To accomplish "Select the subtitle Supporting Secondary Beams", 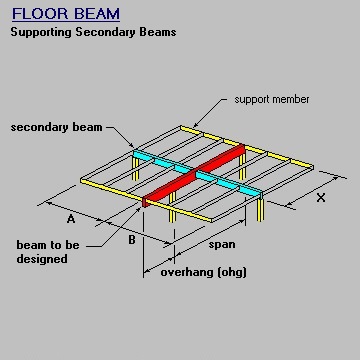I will tap(93, 32).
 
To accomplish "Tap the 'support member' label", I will tap(272, 100).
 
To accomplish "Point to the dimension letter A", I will tap(71, 217).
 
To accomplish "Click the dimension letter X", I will tap(320, 197).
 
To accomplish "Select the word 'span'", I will tap(222, 245).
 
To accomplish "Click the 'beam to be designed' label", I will tap(42, 251).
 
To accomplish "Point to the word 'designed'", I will tap(42, 259).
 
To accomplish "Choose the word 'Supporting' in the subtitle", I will tap(43, 32).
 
